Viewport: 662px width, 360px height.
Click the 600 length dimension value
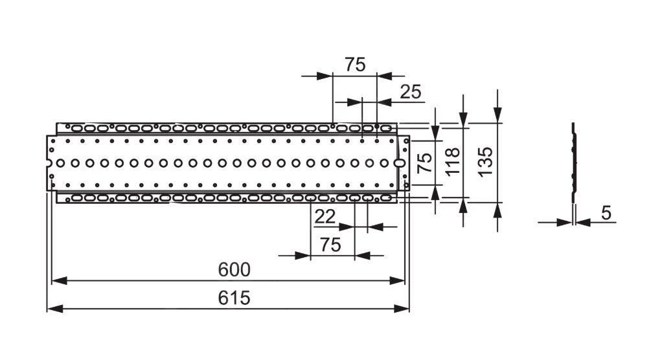click(x=234, y=269)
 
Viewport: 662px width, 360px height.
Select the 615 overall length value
click(x=234, y=298)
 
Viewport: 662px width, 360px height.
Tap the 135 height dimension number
click(x=485, y=161)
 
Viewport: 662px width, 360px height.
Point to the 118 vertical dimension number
click(x=453, y=161)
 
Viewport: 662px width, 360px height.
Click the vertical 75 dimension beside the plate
click(x=424, y=162)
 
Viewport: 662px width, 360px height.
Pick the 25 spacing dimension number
click(x=410, y=92)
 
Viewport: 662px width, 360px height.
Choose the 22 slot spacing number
click(x=325, y=217)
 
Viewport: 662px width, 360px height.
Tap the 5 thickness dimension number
click(x=606, y=213)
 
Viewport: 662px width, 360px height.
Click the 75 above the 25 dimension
click(x=354, y=65)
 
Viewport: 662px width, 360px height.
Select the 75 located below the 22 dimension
click(x=330, y=245)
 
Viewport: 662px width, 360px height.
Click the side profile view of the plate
click(x=573, y=162)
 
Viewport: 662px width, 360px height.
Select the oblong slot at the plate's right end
click(x=400, y=163)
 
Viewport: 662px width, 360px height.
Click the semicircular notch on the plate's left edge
click(x=49, y=163)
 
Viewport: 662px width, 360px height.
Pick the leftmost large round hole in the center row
click(x=61, y=163)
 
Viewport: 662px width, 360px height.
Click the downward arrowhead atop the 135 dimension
click(x=497, y=116)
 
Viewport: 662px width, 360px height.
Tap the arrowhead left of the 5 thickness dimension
click(x=565, y=222)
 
